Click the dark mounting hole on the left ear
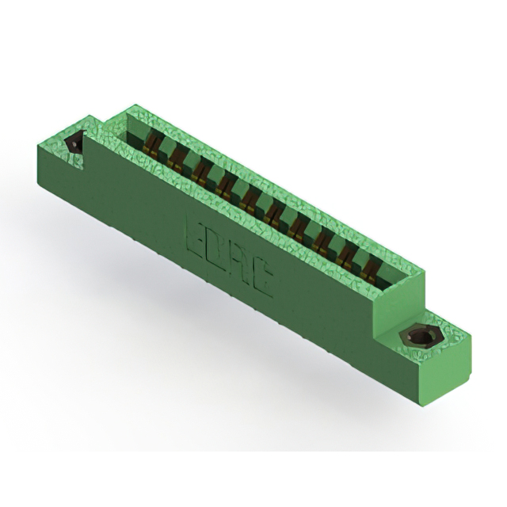point(75,143)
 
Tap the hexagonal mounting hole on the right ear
point(417,337)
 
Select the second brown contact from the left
point(176,158)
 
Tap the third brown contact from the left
point(200,173)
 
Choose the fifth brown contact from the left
point(250,201)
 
